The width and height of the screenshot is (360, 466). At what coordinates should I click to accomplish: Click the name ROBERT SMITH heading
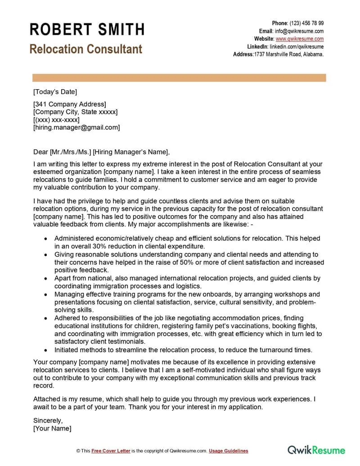[87, 29]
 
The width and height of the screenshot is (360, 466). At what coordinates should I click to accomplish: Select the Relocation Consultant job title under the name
[85, 49]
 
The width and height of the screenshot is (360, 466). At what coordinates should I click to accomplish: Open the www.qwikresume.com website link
[300, 39]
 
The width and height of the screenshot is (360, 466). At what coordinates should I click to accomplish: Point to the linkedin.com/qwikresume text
[297, 46]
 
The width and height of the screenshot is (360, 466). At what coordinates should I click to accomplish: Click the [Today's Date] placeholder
[55, 92]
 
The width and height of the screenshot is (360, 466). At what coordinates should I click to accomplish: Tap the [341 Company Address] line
[70, 104]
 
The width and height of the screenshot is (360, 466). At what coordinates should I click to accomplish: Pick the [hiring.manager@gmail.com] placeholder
[76, 127]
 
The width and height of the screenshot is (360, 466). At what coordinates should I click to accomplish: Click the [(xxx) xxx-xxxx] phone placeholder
[56, 120]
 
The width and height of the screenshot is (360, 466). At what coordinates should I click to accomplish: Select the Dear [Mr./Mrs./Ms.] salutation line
[102, 152]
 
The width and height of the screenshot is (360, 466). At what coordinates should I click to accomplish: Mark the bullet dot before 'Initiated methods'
[45, 349]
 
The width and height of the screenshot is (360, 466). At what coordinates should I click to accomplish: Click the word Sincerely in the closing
[48, 421]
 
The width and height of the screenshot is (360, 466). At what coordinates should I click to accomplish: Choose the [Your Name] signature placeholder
[52, 429]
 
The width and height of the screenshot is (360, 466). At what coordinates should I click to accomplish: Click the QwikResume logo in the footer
[316, 450]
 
